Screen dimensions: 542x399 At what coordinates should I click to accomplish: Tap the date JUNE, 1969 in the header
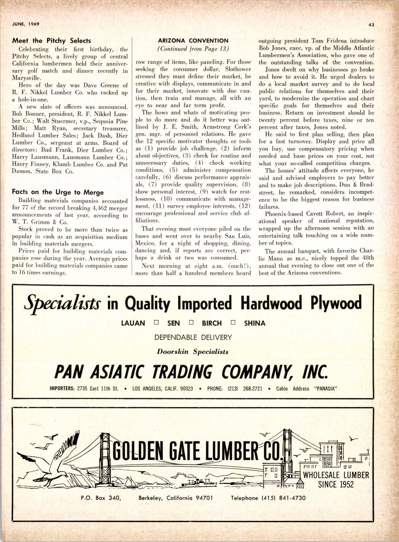click(x=26, y=24)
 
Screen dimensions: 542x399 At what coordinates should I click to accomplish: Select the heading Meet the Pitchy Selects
click(x=51, y=41)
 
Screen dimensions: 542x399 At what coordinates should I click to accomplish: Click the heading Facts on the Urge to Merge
click(x=58, y=192)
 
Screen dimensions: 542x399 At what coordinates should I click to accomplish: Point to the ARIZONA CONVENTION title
click(x=193, y=41)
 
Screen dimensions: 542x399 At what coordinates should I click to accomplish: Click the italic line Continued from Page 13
click(x=193, y=48)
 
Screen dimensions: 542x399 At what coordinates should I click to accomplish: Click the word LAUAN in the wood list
click(x=133, y=323)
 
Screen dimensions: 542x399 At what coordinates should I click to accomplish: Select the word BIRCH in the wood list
click(x=212, y=323)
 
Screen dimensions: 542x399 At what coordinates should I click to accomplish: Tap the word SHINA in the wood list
click(x=255, y=323)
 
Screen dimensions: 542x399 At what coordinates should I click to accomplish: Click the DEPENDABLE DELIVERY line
click(x=193, y=337)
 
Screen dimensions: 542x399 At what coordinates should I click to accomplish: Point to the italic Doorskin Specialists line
click(x=193, y=351)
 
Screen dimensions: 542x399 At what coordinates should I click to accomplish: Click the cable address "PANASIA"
click(x=325, y=389)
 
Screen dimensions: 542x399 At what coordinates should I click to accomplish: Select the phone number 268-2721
click(x=253, y=389)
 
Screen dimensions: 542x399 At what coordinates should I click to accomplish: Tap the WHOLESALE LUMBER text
click(x=336, y=475)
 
